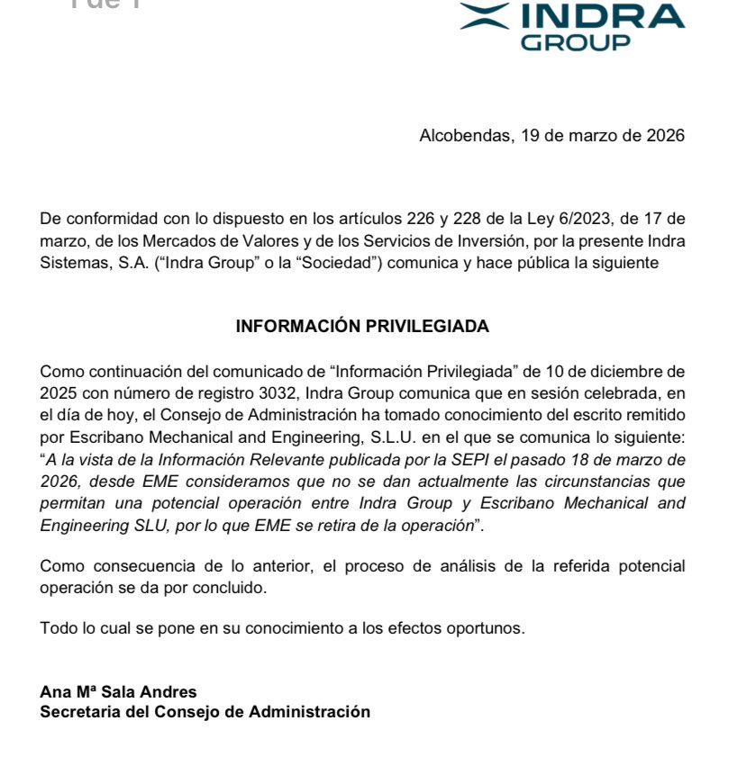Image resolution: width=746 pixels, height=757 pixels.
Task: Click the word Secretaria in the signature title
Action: [78, 712]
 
